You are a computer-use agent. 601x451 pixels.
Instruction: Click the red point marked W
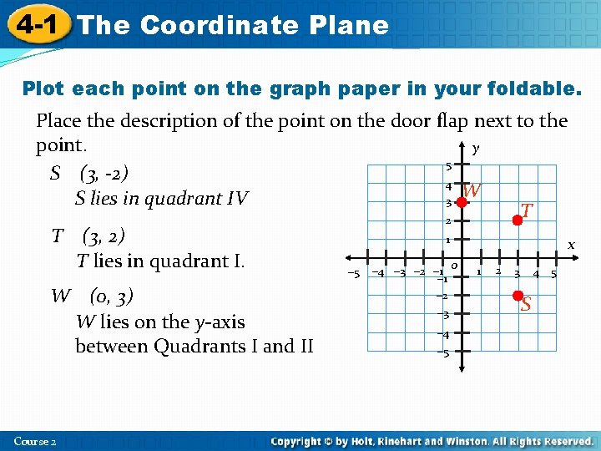click(x=462, y=201)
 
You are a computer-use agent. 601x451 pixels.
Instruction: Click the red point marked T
click(x=518, y=220)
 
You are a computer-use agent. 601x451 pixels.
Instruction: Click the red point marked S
click(x=518, y=296)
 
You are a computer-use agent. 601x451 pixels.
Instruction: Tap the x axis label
click(x=572, y=245)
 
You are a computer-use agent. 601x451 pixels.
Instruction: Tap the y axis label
click(x=476, y=149)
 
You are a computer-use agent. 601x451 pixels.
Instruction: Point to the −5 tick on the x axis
click(x=353, y=273)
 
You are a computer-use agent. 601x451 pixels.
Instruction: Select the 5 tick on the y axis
click(x=448, y=165)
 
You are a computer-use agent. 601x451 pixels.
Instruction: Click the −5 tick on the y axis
click(x=443, y=353)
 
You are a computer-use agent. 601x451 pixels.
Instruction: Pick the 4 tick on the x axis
click(x=536, y=273)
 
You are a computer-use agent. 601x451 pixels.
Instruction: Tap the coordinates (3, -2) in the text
click(x=104, y=174)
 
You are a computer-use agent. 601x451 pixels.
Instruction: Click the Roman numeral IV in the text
click(x=238, y=199)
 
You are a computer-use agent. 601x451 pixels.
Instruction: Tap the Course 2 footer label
click(x=35, y=440)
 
